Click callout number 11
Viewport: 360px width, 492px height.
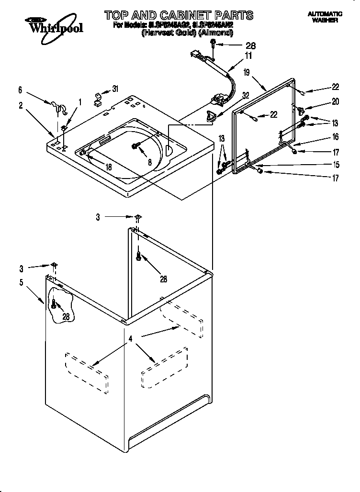(248, 56)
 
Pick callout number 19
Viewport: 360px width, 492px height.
(247, 73)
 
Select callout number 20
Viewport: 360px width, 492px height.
(335, 102)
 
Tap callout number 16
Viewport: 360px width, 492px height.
(335, 137)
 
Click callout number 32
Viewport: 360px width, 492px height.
(246, 95)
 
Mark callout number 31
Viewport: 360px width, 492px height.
(114, 89)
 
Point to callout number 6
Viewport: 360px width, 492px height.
(20, 89)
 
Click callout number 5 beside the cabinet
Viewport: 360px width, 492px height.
(21, 282)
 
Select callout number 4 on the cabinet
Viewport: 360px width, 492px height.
(130, 339)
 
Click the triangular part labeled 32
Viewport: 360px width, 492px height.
(211, 115)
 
